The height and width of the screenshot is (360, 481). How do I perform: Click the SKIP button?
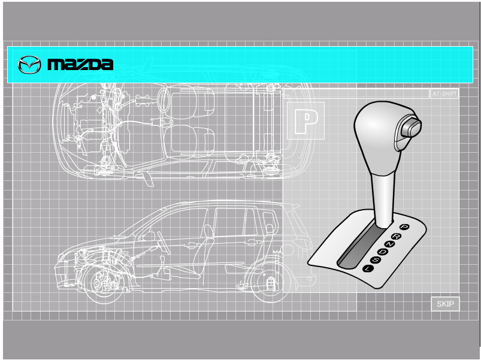pyautogui.click(x=445, y=304)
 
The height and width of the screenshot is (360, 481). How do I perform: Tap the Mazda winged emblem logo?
pyautogui.click(x=29, y=65)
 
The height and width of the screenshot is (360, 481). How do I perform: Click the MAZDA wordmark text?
pyautogui.click(x=80, y=65)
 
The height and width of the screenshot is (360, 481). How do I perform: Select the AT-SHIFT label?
pyautogui.click(x=444, y=93)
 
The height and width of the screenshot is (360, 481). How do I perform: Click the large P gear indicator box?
pyautogui.click(x=305, y=121)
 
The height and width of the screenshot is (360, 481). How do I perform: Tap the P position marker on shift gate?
pyautogui.click(x=404, y=227)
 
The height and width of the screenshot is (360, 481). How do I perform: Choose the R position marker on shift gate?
pyautogui.click(x=397, y=236)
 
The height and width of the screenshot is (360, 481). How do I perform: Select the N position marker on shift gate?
pyautogui.click(x=389, y=244)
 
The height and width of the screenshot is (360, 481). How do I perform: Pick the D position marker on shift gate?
pyautogui.click(x=382, y=252)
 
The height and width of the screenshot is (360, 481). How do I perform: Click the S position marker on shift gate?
pyautogui.click(x=375, y=260)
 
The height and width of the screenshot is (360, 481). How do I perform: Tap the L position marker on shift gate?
pyautogui.click(x=367, y=268)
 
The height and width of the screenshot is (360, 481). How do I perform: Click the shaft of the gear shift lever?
pyautogui.click(x=383, y=199)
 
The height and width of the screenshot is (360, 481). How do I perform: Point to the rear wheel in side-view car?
pyautogui.click(x=268, y=282)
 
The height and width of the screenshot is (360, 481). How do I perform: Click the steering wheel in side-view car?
pyautogui.click(x=163, y=242)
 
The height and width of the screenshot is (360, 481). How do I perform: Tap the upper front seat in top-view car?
pyautogui.click(x=187, y=102)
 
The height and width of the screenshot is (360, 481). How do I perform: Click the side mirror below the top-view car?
pyautogui.click(x=147, y=179)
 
